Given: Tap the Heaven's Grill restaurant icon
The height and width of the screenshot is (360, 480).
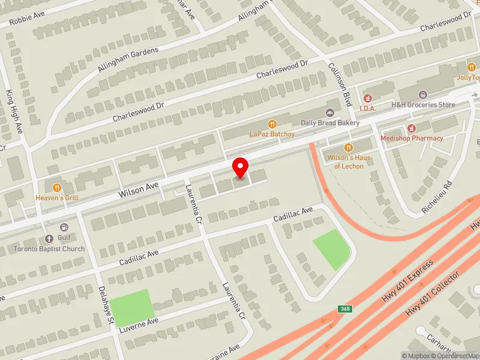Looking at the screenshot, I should coord(57,188).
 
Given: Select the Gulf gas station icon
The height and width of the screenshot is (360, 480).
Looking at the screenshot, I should coord(64,227).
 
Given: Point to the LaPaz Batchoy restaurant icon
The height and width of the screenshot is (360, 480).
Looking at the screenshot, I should coord(272,124).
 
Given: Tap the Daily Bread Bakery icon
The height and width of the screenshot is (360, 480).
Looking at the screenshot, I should coord(329,113).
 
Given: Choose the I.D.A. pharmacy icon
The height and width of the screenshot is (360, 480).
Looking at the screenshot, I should coord(367,98).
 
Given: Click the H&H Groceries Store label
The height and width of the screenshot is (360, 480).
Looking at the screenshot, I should coord(423,104).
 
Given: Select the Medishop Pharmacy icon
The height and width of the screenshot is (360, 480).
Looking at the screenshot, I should coord(412,128).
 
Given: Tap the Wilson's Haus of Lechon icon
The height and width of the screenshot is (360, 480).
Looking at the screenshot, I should coord(349,148).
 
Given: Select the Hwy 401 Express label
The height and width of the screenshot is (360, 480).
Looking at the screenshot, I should coord(407,282).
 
